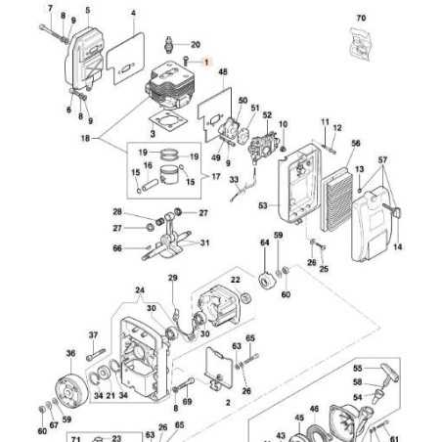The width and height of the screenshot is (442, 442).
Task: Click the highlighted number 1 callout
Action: (x=205, y=61)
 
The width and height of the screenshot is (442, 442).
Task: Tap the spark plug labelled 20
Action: (x=172, y=44)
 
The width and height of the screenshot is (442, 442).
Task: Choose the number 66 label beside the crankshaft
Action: (x=117, y=248)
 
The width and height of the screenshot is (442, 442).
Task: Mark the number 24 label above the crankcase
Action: (x=139, y=290)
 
